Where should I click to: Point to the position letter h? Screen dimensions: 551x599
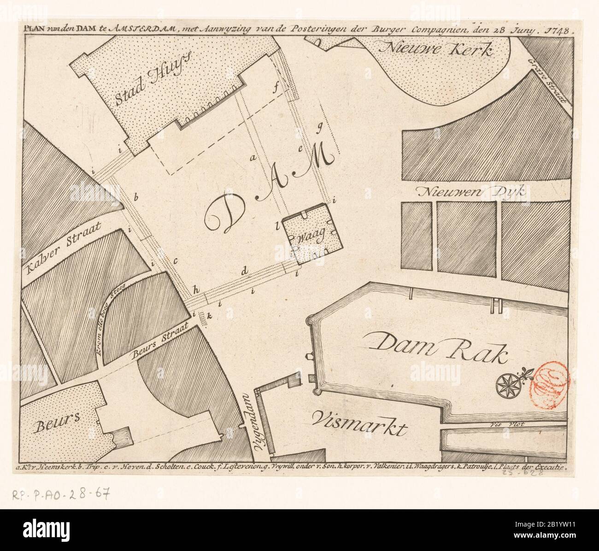click(x=196, y=290)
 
